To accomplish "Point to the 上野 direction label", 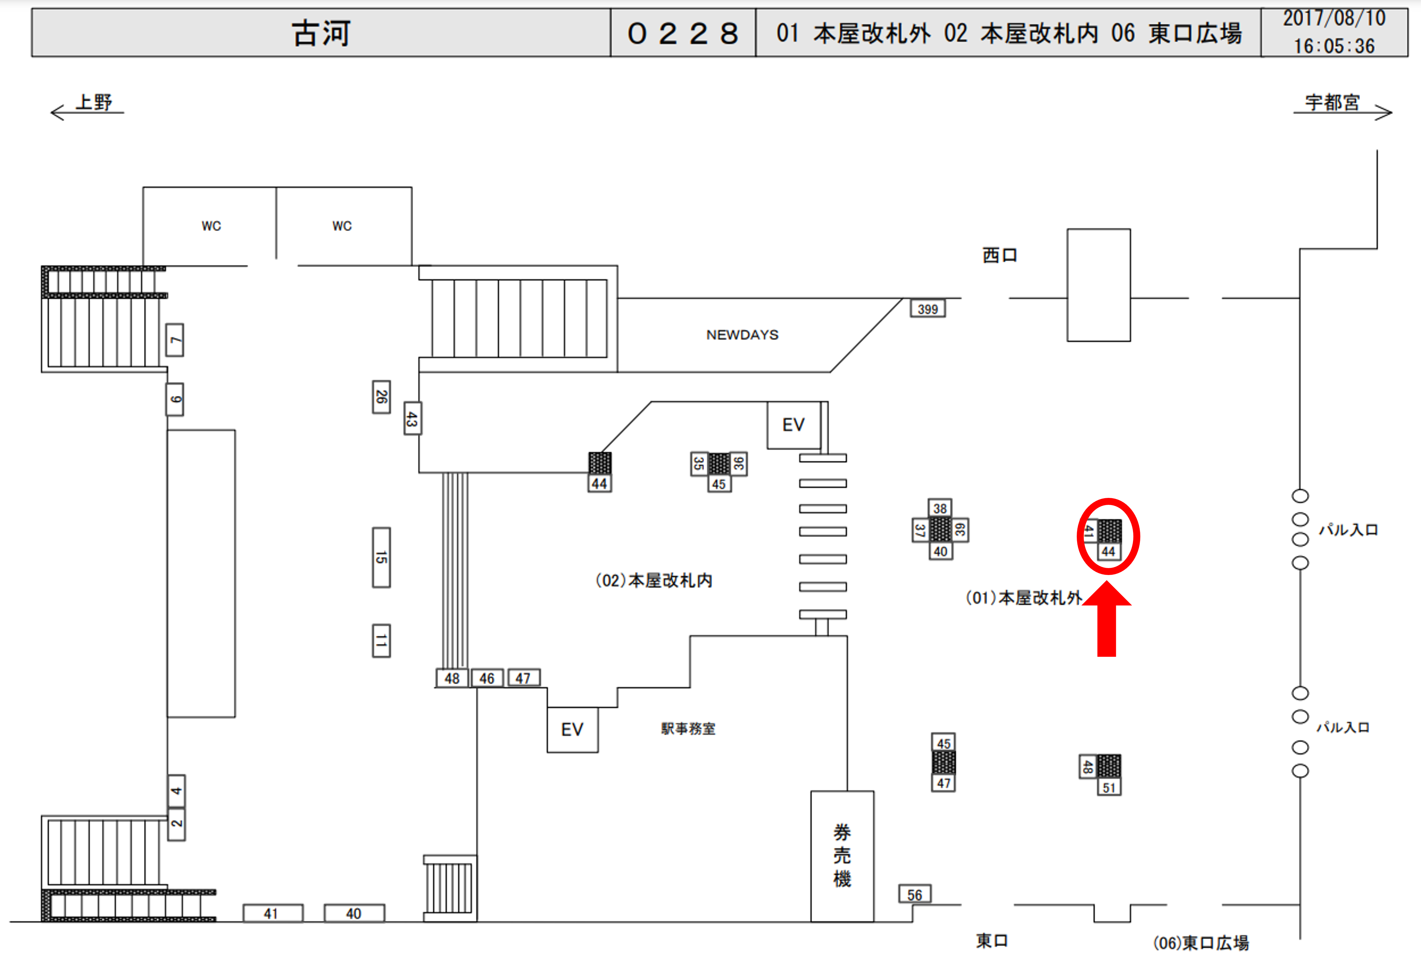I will pos(94,102).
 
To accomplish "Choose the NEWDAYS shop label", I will pos(742,335).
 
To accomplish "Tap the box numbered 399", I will pos(927,309).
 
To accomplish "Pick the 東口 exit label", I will pos(992,940).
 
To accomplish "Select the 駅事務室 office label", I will pos(688,729).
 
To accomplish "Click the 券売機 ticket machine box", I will pos(842,856).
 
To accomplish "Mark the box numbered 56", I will pos(915,894).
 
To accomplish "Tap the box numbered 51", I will pos(1109,788).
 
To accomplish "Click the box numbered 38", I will pos(940,508).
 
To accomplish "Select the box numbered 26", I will pos(382,397).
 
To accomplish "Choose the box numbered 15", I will pos(382,557).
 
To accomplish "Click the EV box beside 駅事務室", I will pos(572,729).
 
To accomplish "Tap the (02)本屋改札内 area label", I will pos(654,580).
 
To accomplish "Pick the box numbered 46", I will pos(487,678).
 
